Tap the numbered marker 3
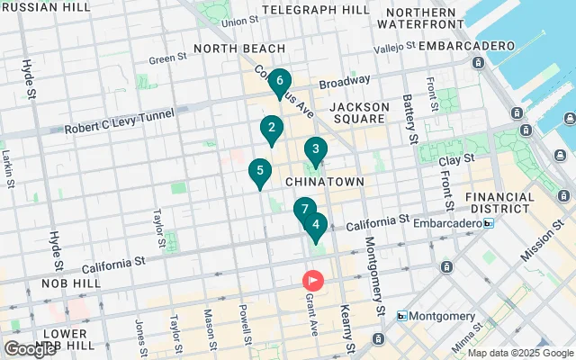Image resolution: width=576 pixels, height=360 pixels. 315,150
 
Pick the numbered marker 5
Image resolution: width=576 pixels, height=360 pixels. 315,225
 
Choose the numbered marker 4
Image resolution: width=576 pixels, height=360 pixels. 315,225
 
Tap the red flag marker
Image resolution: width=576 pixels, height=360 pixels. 314,281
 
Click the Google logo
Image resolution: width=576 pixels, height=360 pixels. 30,349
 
